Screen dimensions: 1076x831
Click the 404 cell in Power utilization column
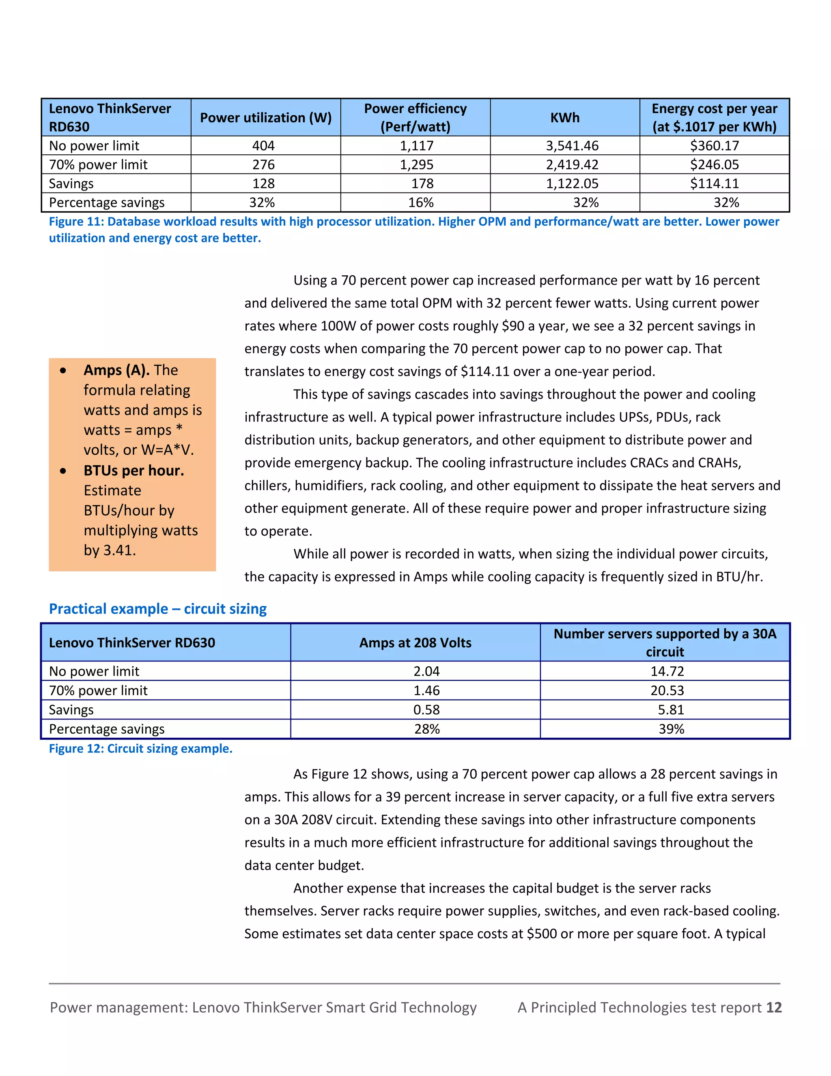[263, 146]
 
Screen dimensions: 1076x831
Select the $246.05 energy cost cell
[714, 164]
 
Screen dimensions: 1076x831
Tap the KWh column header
[565, 118]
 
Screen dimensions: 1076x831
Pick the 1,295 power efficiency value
[416, 164]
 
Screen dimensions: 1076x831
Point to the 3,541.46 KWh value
[572, 146]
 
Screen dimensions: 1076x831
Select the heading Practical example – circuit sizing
[157, 609]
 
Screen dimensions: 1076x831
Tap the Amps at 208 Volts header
[415, 643]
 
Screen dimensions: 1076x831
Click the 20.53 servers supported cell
[667, 691]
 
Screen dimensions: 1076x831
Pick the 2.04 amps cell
[426, 672]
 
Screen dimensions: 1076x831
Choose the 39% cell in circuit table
[672, 729]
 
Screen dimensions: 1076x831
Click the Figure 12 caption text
[140, 749]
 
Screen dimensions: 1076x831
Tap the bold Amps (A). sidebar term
[116, 370]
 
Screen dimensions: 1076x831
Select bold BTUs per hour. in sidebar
[133, 471]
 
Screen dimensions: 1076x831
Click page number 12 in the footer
[774, 1007]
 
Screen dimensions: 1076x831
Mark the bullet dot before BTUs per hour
[63, 471]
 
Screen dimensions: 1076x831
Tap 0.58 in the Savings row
[426, 710]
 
